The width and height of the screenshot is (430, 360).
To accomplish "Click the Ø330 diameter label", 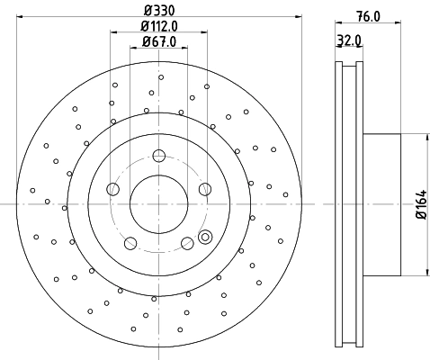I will [x=158, y=11].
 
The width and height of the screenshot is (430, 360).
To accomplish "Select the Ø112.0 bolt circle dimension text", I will [x=158, y=26].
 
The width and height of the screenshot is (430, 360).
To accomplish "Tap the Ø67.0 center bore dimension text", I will [x=158, y=42].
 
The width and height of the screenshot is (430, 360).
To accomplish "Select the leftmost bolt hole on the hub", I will [x=112, y=189].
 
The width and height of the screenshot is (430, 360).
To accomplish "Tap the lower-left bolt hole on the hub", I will [x=130, y=242].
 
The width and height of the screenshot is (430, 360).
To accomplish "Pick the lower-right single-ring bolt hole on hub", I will [x=186, y=242].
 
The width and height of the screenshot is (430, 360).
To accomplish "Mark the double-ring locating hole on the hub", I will [x=205, y=238].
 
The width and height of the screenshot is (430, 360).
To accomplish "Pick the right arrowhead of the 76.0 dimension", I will [x=400, y=26].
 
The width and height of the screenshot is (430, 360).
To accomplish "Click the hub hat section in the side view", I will [x=382, y=205].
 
